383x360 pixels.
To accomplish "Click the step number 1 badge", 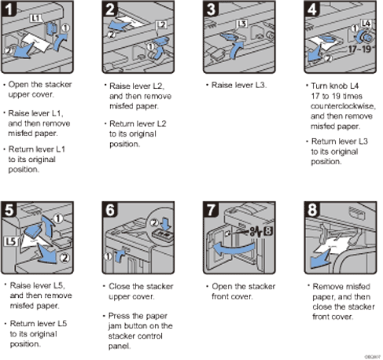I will (10, 10).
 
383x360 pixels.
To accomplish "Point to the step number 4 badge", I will (309, 10).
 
